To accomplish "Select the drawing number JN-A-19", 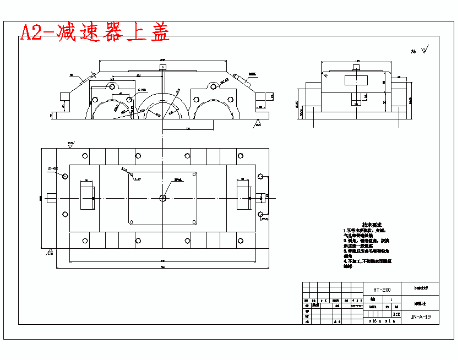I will (x=420, y=317).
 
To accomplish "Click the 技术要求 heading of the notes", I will (x=363, y=225).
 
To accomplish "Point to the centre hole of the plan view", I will (x=162, y=198).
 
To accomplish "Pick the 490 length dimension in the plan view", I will (x=162, y=260).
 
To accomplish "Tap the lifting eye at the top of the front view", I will (x=162, y=67).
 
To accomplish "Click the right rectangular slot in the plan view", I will (x=242, y=196).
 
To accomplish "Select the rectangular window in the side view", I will (x=355, y=80).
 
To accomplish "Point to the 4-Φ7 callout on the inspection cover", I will (x=138, y=179).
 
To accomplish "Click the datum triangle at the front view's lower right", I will (x=257, y=126).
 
